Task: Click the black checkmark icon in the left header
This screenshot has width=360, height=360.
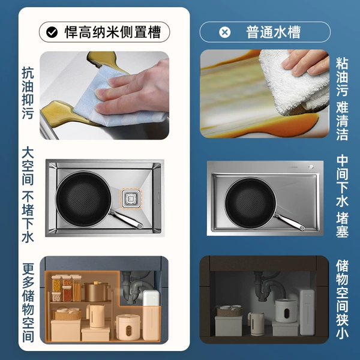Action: pos(52,32)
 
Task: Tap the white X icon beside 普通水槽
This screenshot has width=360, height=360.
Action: pos(225,32)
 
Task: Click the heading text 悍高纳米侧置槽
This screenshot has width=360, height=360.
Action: pos(113,32)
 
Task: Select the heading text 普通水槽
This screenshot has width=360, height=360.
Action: pos(273,32)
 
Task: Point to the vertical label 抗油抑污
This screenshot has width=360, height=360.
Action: pos(28,93)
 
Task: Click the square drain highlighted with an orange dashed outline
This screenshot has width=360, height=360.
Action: pos(131,198)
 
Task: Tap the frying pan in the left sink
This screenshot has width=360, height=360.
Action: pos(83,199)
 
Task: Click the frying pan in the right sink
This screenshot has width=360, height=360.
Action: pos(251,203)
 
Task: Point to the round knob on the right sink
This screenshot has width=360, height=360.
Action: pos(311,167)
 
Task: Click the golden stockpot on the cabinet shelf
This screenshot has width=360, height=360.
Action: pos(96,292)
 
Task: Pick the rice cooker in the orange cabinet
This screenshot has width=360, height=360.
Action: pos(128,328)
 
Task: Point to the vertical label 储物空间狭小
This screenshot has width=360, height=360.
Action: pos(343,299)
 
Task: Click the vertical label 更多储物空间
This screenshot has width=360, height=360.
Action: pos(28,302)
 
